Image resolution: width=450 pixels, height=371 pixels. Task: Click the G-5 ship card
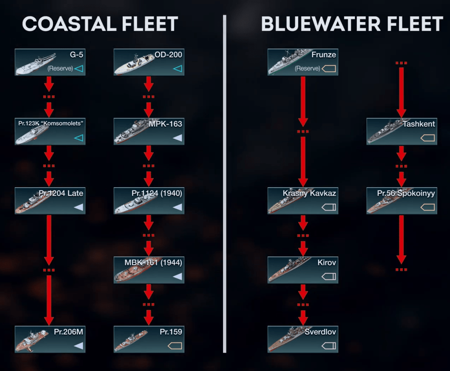(x=49, y=62)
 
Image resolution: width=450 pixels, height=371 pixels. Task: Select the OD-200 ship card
(x=149, y=62)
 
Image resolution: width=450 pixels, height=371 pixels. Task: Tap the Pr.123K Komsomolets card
(x=49, y=131)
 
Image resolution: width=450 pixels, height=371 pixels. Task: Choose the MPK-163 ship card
(x=149, y=131)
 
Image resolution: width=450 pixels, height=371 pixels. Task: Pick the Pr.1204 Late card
(x=49, y=201)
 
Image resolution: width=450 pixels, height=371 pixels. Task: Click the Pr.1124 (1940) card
(x=149, y=201)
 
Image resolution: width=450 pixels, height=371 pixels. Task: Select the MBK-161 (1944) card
(x=149, y=270)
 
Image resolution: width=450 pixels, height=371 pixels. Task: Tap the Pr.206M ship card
(x=49, y=339)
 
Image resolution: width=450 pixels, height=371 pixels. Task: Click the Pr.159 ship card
(x=149, y=339)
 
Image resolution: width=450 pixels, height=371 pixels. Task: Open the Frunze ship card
(x=303, y=62)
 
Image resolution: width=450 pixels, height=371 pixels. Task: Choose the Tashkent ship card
(x=401, y=131)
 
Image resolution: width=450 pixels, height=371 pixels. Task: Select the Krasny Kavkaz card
(x=303, y=201)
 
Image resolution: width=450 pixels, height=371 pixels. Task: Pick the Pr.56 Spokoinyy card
(x=401, y=201)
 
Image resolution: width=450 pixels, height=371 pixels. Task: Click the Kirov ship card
(x=303, y=270)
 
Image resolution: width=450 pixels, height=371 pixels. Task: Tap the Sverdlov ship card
(x=303, y=339)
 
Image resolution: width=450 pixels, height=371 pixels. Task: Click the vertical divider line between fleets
(x=224, y=185)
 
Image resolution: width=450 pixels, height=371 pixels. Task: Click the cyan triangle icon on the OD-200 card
(x=177, y=69)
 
